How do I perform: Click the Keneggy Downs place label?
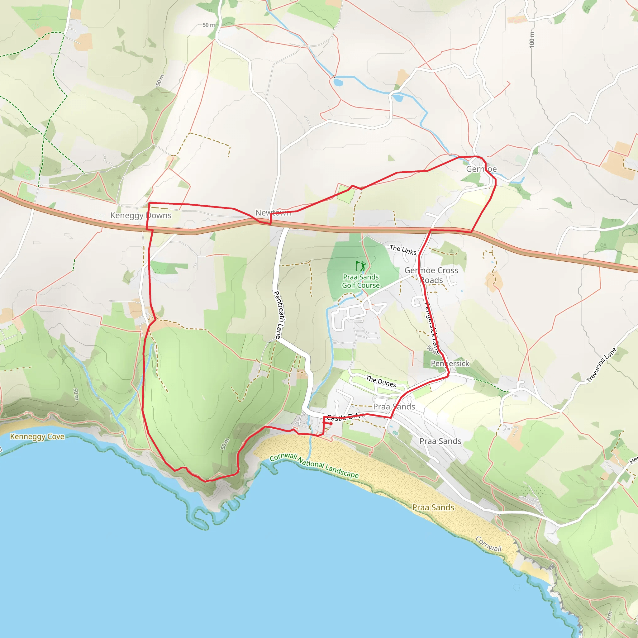(141, 215)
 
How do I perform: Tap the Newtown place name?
(273, 213)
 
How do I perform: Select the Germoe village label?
(481, 169)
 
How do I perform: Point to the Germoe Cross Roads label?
(431, 275)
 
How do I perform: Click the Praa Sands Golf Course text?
(361, 281)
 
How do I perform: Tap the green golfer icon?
(361, 266)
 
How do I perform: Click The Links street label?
(403, 250)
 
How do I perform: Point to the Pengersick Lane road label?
(431, 327)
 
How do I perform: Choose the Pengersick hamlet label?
(450, 363)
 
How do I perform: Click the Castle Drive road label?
(346, 417)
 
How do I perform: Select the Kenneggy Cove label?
(37, 436)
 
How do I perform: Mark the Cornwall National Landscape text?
(314, 465)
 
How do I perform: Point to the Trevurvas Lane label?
(601, 365)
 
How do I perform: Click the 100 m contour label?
(532, 39)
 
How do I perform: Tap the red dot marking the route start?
(331, 424)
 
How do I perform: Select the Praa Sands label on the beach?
(433, 507)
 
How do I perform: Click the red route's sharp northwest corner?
(149, 203)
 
